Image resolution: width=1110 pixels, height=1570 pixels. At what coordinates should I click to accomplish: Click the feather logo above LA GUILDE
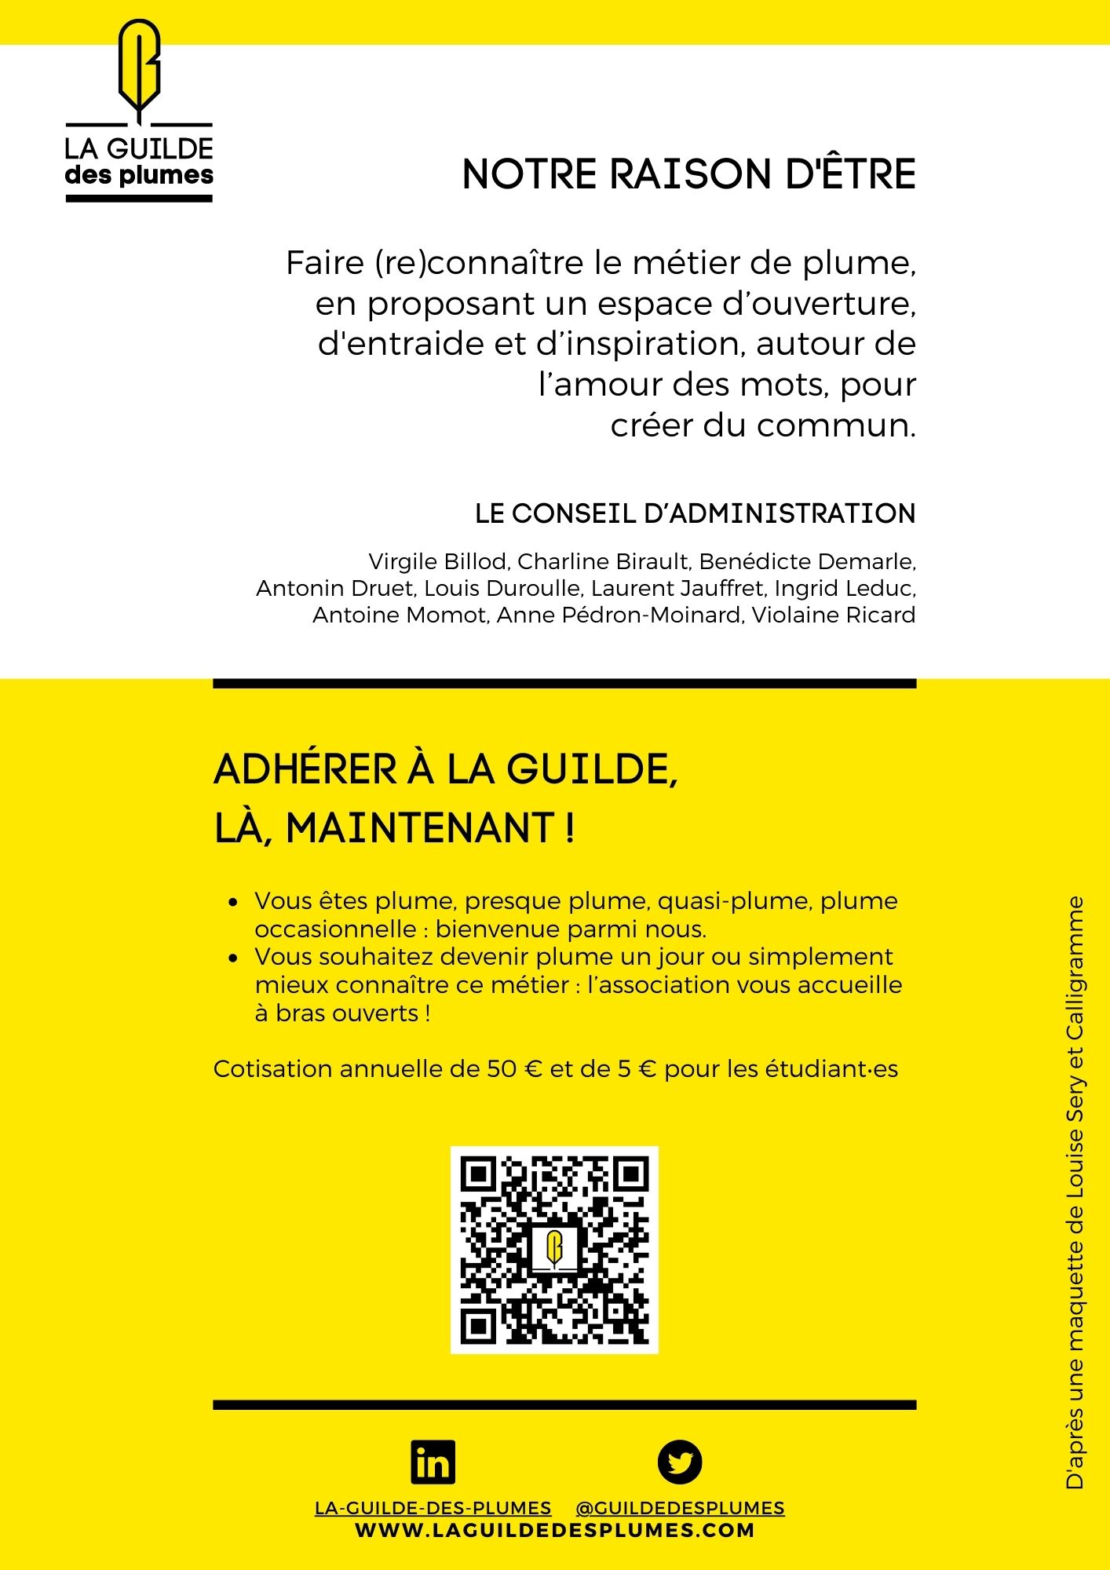coord(139,69)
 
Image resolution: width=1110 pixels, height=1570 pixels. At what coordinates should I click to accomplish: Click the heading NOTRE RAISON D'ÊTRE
coord(688,174)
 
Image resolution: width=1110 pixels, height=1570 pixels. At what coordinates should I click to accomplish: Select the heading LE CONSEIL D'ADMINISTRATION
coord(695,513)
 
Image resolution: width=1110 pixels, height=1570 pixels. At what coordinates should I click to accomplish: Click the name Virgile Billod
coord(438,562)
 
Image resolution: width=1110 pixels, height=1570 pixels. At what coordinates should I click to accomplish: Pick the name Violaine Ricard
coord(834,615)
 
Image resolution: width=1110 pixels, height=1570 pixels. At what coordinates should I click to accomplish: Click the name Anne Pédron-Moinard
coord(619,615)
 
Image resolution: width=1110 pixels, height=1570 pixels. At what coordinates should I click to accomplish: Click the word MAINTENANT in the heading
coord(420,828)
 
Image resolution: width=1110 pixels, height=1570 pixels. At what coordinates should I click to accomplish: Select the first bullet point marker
coord(232,903)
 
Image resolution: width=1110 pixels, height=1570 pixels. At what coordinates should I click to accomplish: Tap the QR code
coord(554,1250)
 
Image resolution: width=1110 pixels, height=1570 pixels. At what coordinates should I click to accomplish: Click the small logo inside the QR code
coord(554,1248)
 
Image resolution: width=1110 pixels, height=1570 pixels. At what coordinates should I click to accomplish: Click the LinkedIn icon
coord(433,1462)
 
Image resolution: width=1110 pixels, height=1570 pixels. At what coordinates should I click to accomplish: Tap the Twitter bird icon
coord(679,1462)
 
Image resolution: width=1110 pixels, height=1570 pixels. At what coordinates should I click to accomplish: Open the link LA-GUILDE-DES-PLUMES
coord(433,1508)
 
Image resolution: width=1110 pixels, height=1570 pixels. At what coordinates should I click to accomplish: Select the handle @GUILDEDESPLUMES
coord(680,1508)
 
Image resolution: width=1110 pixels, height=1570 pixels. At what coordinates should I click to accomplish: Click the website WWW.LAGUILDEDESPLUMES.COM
coord(554,1530)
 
